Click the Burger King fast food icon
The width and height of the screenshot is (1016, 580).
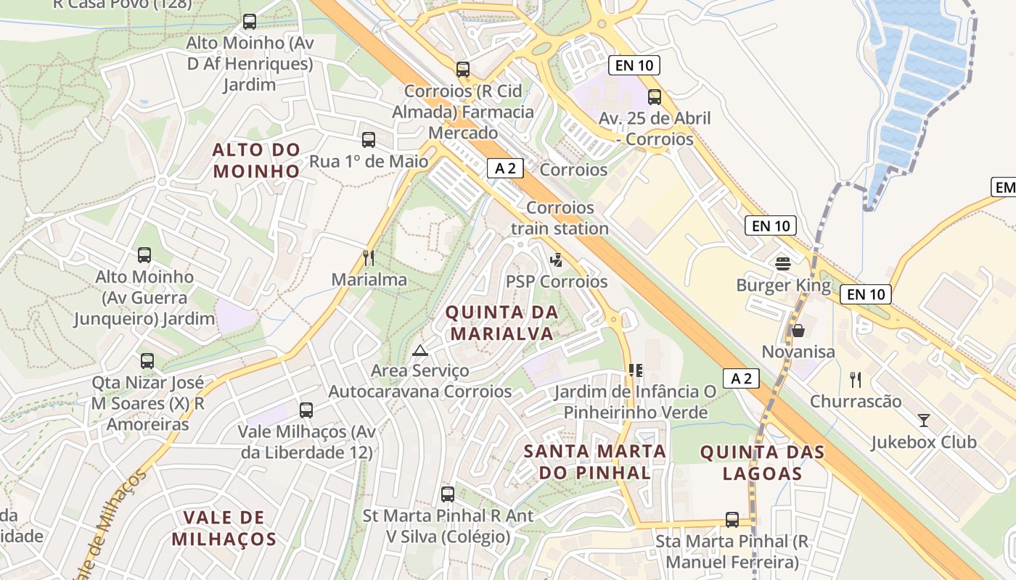click(782, 263)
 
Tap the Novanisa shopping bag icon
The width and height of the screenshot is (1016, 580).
click(798, 331)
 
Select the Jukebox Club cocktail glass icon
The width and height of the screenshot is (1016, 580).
click(923, 420)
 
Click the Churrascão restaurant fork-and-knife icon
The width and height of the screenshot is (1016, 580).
click(856, 379)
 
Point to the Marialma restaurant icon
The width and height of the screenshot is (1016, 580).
click(369, 257)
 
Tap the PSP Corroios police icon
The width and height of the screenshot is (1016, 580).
click(557, 259)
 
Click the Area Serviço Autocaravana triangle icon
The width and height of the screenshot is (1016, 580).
click(419, 351)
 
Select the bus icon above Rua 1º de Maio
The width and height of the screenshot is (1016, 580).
click(369, 139)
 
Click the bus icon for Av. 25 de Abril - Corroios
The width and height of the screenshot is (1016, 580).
click(655, 96)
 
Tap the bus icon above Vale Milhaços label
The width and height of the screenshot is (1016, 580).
click(306, 410)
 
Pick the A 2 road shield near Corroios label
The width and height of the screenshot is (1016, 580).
click(505, 168)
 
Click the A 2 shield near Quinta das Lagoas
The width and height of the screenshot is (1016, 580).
click(741, 378)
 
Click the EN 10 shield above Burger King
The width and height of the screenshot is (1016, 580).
click(770, 225)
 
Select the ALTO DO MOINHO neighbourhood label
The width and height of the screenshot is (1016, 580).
click(255, 160)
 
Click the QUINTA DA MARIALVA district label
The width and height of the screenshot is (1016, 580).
click(501, 323)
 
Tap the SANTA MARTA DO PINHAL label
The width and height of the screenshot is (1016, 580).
click(594, 462)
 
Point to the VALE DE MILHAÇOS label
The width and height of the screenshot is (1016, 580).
click(224, 528)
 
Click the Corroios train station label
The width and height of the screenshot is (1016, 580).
click(560, 217)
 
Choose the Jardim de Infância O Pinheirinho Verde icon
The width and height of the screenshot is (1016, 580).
click(636, 370)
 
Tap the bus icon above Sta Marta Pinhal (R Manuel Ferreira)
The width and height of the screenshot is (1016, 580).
click(732, 519)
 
